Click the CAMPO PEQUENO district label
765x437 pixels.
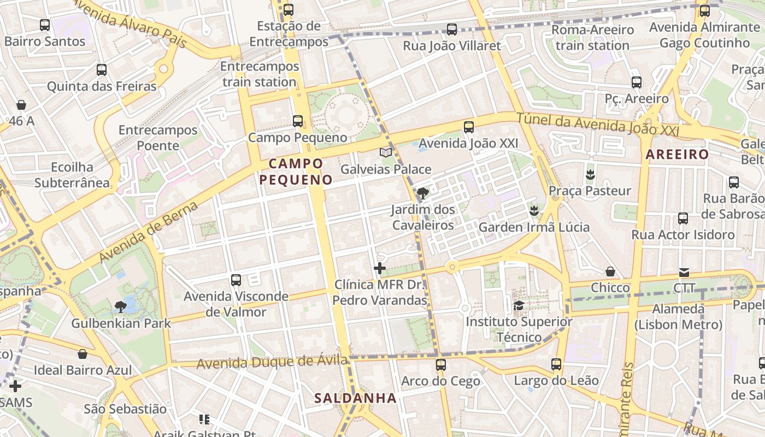point(296,172)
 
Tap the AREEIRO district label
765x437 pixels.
point(677,155)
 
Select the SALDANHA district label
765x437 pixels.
point(355,398)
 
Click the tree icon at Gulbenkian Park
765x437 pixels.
point(120,307)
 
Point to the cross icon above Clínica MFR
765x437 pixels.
point(380,268)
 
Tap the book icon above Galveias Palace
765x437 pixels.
point(386,153)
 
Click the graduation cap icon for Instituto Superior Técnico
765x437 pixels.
point(519,305)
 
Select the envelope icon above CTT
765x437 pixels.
point(684,272)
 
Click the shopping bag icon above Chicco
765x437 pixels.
point(610,271)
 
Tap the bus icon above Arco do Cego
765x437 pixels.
point(440,364)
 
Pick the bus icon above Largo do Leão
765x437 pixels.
point(556,364)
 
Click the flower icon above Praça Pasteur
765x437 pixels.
point(590,175)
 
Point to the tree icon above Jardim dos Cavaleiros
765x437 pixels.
point(422,193)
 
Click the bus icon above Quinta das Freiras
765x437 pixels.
point(102,70)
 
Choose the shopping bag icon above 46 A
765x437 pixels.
point(21,105)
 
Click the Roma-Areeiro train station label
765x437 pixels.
point(593,37)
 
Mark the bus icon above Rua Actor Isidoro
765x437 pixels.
point(683,218)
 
